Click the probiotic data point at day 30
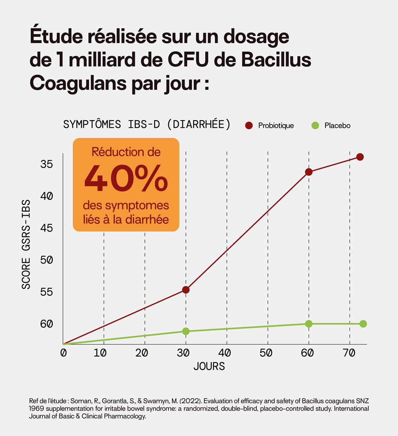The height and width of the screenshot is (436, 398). coord(185,290)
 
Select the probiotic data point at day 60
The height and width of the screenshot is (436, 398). coord(308,172)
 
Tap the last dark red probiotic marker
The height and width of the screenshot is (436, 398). coord(360,157)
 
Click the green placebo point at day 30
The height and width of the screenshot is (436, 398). coord(185,331)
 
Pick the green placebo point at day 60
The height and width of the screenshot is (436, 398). coord(308,324)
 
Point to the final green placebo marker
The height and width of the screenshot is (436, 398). coord(363,324)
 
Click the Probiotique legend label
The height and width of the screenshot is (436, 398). coord(276,126)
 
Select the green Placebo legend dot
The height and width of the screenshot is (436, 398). coord(315,126)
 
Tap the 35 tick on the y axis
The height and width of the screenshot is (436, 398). coord(47,164)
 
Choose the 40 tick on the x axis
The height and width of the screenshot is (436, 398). coord(225,353)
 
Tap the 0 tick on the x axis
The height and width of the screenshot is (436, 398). coord(63,353)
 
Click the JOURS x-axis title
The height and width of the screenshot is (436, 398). coord(209,366)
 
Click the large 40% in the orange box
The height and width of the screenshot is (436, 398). coord(126,178)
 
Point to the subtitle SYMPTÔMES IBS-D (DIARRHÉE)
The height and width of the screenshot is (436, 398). coord(147,124)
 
